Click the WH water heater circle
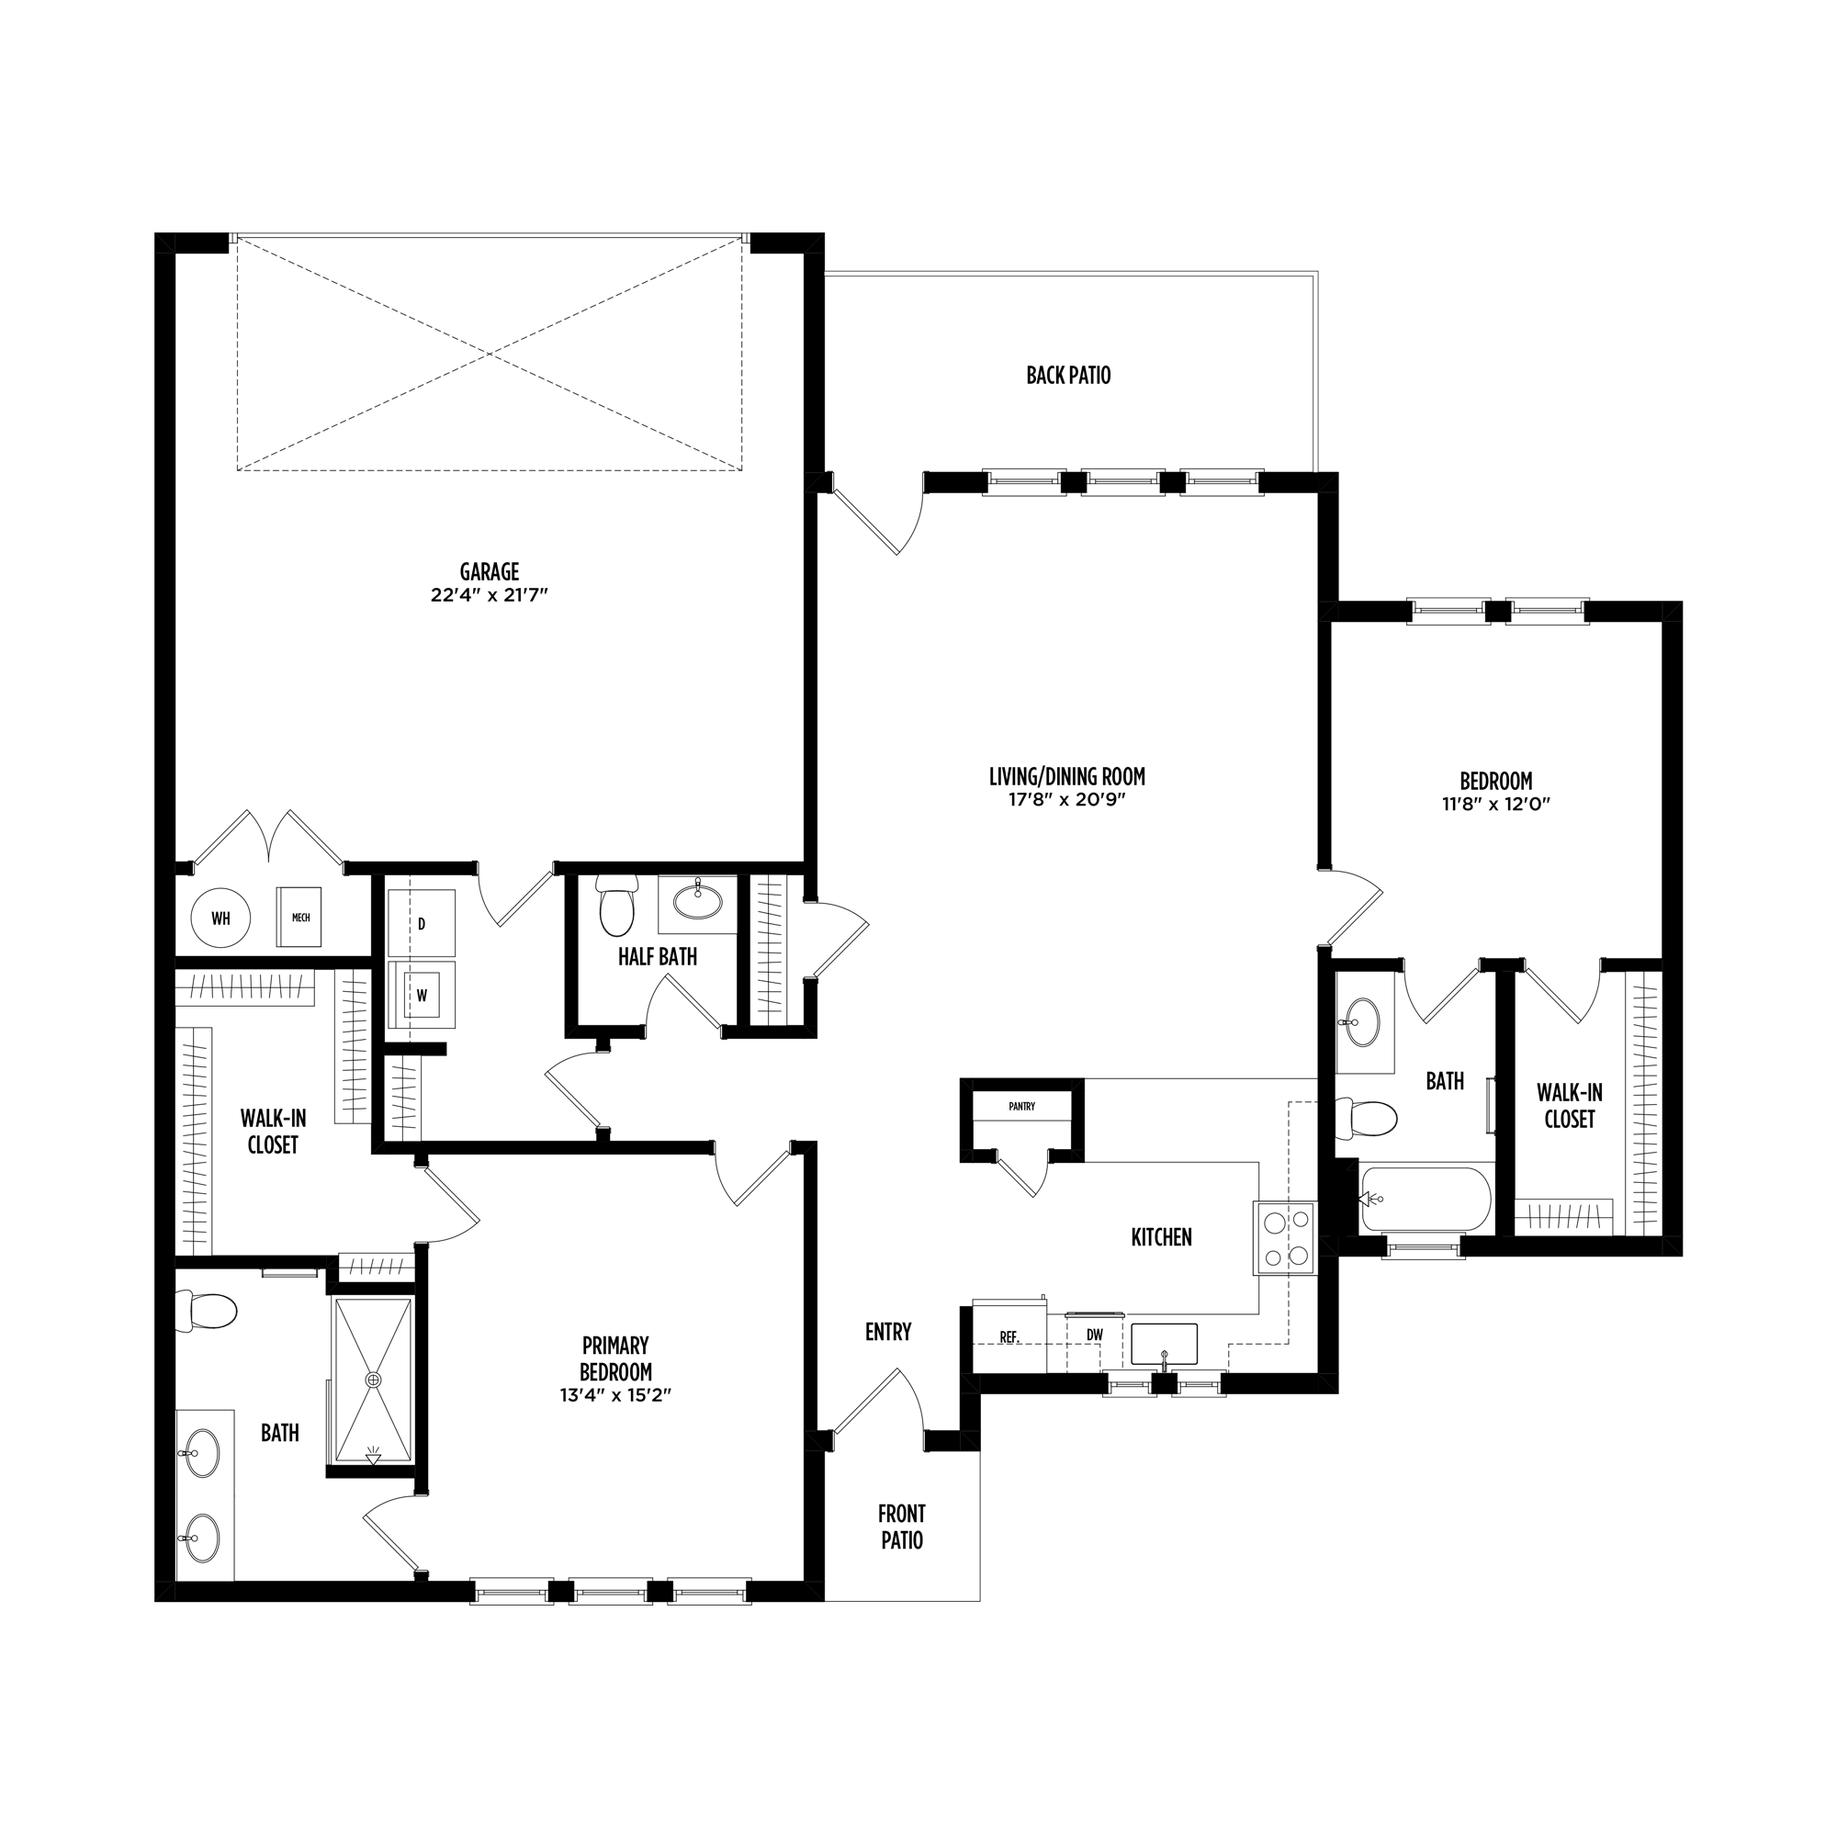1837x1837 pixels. (220, 918)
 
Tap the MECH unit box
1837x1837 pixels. (300, 918)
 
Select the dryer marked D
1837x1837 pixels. (422, 923)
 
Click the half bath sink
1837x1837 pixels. (698, 900)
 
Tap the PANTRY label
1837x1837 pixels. (1022, 1106)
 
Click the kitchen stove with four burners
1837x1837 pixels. (1286, 1238)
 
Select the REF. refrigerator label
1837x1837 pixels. (1009, 1336)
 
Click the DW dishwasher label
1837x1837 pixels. (1095, 1335)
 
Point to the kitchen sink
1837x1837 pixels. (1164, 1344)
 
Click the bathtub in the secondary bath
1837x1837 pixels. (1426, 1199)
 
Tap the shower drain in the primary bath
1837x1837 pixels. (374, 1379)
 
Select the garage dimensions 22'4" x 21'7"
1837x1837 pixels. (490, 596)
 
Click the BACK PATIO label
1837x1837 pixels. (1069, 376)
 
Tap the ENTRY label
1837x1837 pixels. (888, 1332)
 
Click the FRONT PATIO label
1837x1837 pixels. (901, 1527)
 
